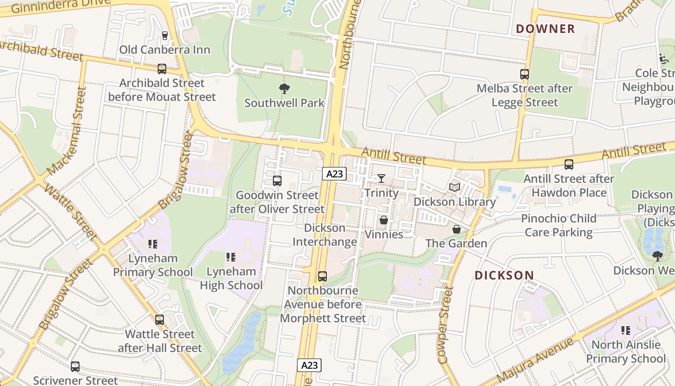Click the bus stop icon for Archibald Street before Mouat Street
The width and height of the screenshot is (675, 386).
(x=162, y=69)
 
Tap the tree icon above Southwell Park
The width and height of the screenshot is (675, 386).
(x=284, y=89)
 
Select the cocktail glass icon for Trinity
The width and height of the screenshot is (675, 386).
(x=381, y=179)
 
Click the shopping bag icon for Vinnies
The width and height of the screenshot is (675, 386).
(x=384, y=220)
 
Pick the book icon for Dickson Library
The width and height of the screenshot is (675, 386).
(x=454, y=187)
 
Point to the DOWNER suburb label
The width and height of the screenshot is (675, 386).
(x=545, y=29)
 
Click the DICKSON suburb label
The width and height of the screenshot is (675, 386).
(x=504, y=276)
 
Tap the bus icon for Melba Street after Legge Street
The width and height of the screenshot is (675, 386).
(x=525, y=74)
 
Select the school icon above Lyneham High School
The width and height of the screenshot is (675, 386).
(x=231, y=257)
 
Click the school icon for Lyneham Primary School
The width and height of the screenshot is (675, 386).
(x=153, y=244)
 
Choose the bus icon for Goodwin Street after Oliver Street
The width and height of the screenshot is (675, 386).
(x=277, y=181)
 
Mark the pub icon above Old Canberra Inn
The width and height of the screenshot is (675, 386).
(x=165, y=36)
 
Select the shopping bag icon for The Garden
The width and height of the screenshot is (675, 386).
(x=456, y=229)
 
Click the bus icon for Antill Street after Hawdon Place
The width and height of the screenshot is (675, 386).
(x=569, y=165)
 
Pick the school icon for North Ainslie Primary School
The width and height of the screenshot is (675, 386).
(x=626, y=331)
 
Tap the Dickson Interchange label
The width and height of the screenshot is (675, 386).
(x=325, y=234)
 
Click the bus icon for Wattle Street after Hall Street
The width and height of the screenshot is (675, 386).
(x=160, y=319)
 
